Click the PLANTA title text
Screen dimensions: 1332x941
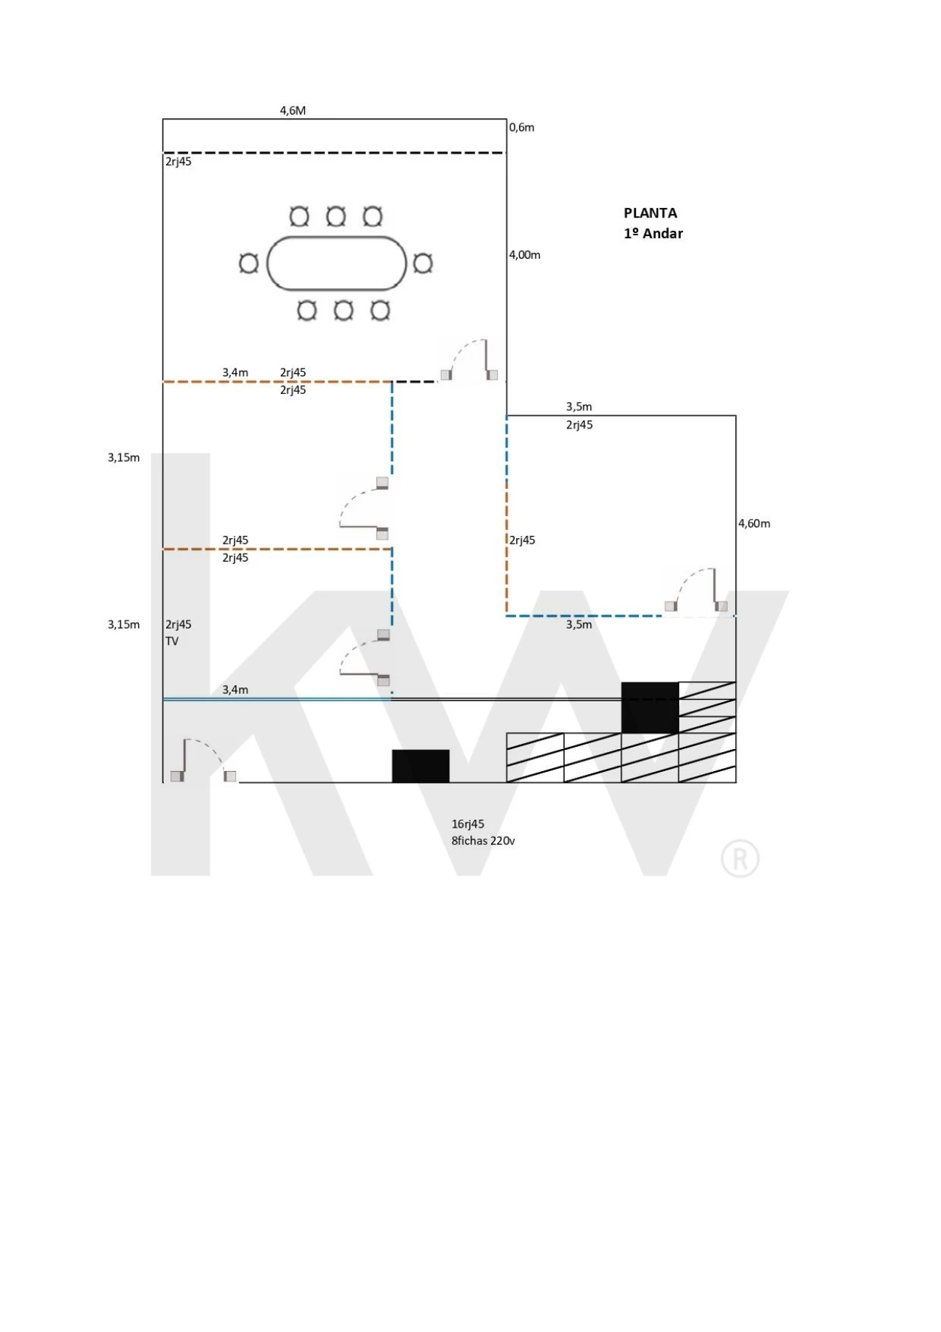(x=650, y=213)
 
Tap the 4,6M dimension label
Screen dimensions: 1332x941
(x=293, y=111)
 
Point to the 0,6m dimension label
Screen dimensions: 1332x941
(x=521, y=127)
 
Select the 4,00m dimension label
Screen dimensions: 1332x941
(x=524, y=255)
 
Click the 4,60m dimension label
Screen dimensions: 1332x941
(x=754, y=523)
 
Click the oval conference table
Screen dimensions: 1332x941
(x=337, y=263)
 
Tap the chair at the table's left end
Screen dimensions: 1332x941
(x=249, y=263)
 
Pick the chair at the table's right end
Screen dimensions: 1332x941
(x=422, y=263)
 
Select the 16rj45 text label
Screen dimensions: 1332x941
(x=468, y=824)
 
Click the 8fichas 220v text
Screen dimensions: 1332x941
(x=483, y=841)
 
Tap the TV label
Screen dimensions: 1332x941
(x=172, y=641)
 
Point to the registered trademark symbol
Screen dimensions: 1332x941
(x=740, y=859)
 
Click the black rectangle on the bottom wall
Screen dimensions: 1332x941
(x=421, y=766)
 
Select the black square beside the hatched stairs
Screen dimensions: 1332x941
(x=650, y=707)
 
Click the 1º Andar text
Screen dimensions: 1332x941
(x=653, y=234)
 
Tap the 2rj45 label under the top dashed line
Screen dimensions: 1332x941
(x=178, y=162)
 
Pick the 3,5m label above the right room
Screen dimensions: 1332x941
(x=579, y=407)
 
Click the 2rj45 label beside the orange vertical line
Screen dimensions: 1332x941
(x=522, y=540)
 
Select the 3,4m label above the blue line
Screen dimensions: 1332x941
(x=235, y=690)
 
